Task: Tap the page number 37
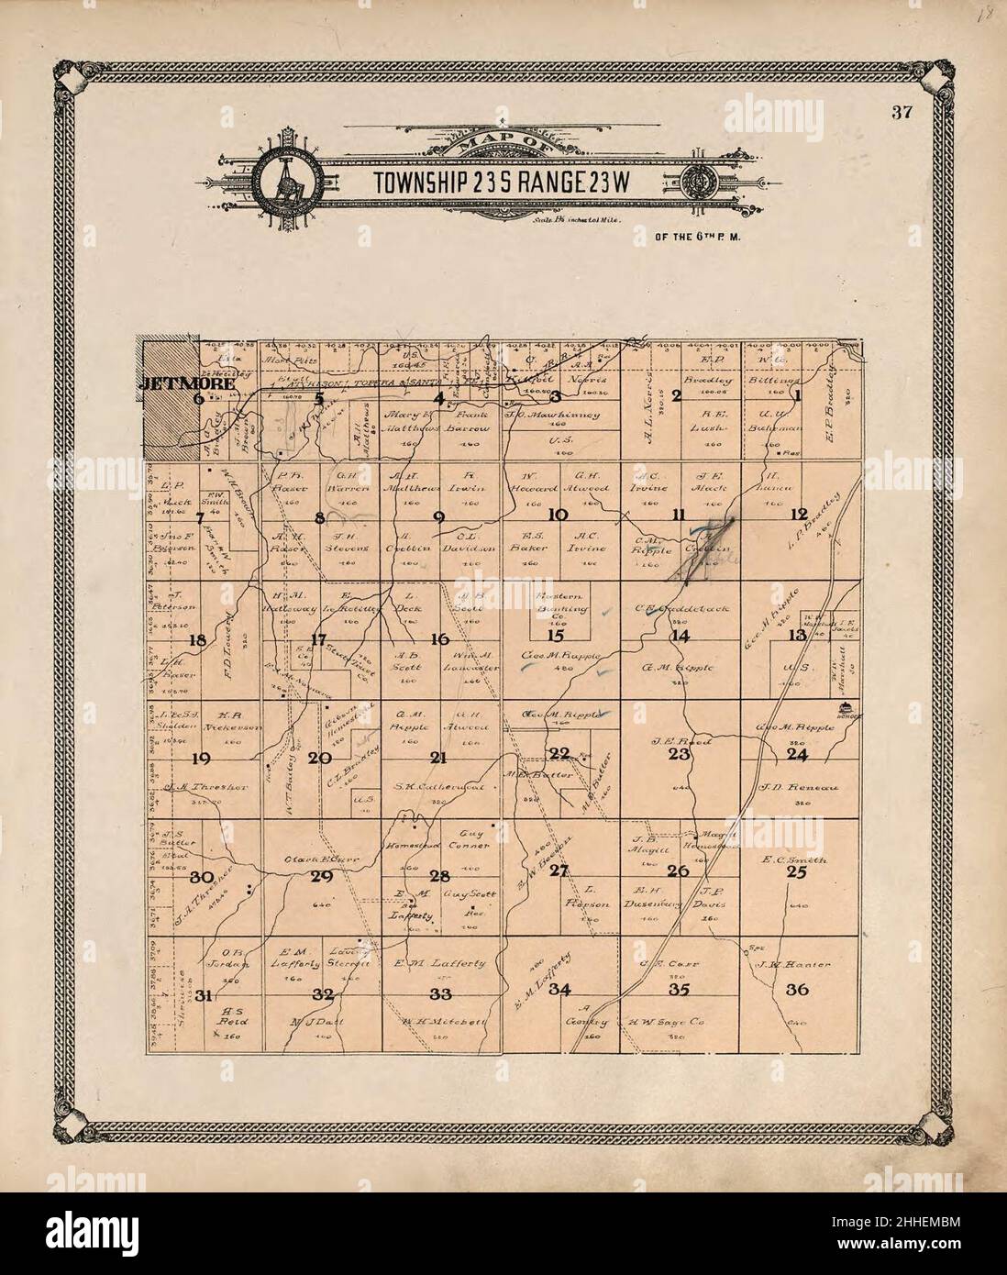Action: (x=898, y=114)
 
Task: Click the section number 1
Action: (x=797, y=396)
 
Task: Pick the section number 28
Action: (x=440, y=875)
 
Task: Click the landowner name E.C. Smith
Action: (x=794, y=860)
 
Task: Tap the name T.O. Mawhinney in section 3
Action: (x=553, y=415)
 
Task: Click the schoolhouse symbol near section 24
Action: (x=844, y=707)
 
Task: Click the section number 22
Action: (x=559, y=754)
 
